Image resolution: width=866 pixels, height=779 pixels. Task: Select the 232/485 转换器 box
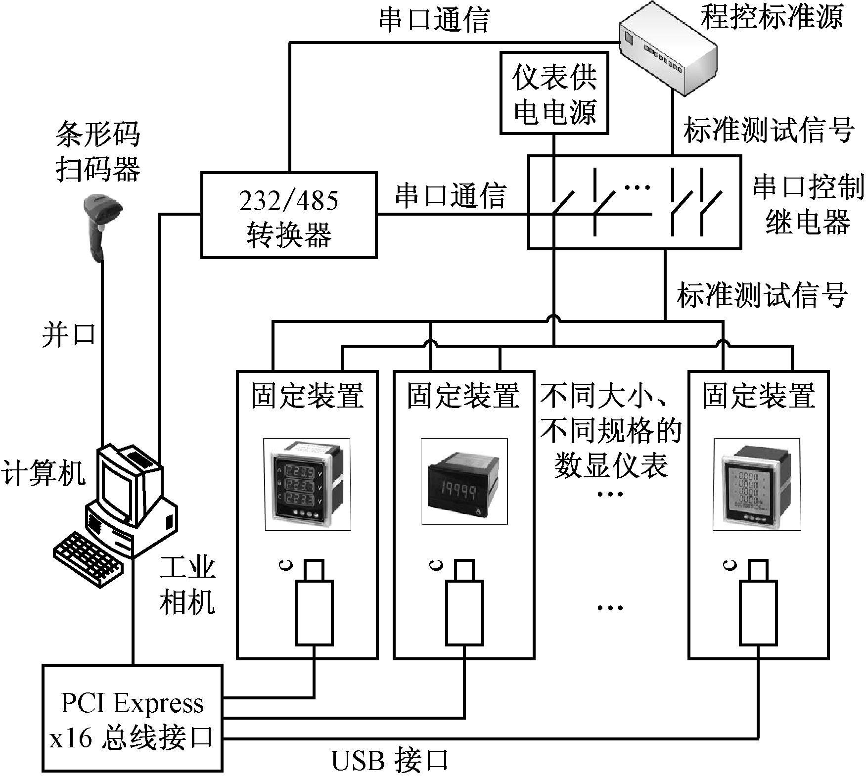[289, 215]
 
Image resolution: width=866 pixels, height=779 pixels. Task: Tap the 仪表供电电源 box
[554, 93]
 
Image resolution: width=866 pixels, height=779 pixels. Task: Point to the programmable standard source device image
[668, 49]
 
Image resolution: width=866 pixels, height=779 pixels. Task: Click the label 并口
[69, 335]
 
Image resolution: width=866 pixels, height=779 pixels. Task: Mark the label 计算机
[43, 473]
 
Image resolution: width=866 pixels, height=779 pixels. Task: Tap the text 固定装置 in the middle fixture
[463, 396]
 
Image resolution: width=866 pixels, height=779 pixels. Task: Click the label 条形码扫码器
[98, 151]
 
